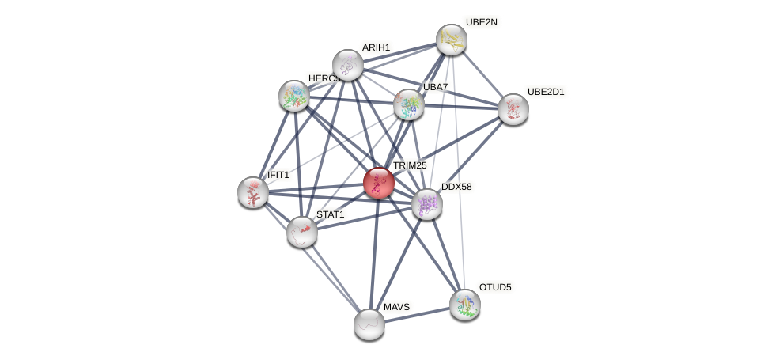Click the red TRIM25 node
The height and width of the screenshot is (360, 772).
coord(379,183)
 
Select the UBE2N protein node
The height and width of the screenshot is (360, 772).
coord(452,40)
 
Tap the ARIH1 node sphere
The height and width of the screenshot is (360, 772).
coord(348,65)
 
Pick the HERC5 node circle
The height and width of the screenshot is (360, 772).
coord(294,96)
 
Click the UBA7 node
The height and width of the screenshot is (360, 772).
coord(409,104)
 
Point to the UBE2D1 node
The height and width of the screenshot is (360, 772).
coord(513,109)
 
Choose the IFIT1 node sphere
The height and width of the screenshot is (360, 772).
coord(253,192)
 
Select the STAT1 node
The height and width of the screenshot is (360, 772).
coord(302,232)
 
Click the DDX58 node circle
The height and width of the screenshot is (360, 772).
coord(427,204)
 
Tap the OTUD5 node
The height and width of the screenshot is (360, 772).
coord(465,304)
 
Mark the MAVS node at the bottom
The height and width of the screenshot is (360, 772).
coord(369,324)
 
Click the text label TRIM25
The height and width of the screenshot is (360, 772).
coord(410,165)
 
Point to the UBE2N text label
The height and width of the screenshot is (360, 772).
coord(481,22)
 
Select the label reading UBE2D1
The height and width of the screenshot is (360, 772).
coord(546,92)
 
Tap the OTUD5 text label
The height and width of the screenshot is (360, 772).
coord(495,287)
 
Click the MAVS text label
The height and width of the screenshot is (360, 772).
coord(396,307)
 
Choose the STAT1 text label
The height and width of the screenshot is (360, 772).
coord(330,214)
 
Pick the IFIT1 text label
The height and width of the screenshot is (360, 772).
coord(278,175)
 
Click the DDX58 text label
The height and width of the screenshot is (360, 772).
coord(456,187)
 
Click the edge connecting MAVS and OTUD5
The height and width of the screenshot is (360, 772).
coord(417,314)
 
